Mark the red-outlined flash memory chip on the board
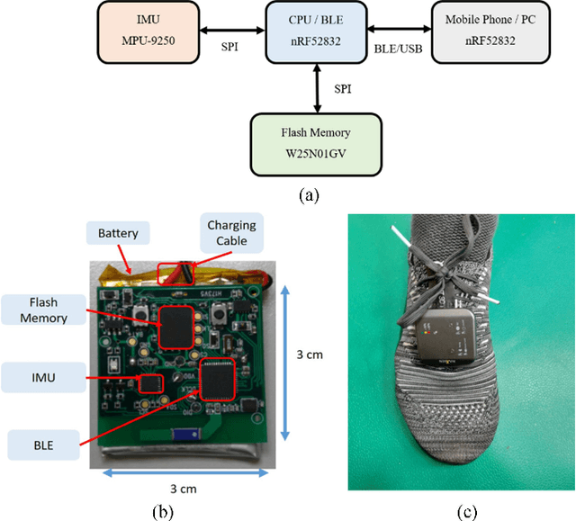175,326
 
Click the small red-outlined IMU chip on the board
149,386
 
